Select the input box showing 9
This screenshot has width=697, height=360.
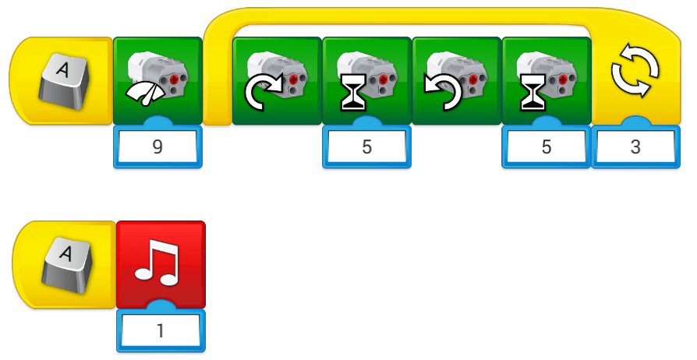tap(157, 146)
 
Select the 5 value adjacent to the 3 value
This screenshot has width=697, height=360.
tap(546, 146)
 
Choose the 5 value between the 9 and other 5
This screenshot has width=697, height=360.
tap(366, 146)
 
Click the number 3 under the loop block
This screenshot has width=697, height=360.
tap(635, 146)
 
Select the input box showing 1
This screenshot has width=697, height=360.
tap(160, 330)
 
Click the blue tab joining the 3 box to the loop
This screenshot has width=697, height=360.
tap(635, 123)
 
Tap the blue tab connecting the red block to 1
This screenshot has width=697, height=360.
tap(161, 305)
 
